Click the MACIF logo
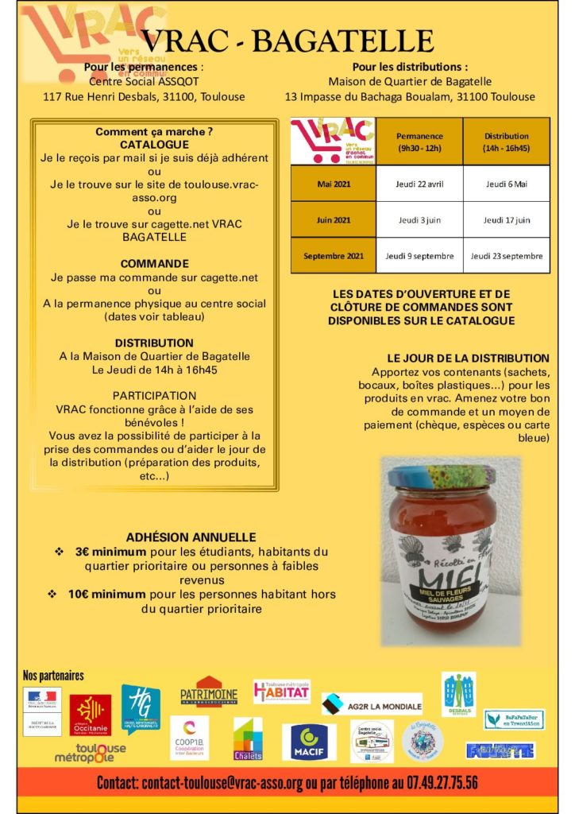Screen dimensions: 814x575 pyautogui.click(x=309, y=741)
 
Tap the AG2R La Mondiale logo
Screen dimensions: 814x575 pyautogui.click(x=372, y=704)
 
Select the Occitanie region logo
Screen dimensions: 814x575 pyautogui.click(x=90, y=714)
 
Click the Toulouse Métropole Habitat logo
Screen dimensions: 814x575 pyautogui.click(x=281, y=691)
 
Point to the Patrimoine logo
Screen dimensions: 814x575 pyautogui.click(x=209, y=692)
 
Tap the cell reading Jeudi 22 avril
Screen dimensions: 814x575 pyautogui.click(x=419, y=184)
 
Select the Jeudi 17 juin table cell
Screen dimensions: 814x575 pyautogui.click(x=506, y=219)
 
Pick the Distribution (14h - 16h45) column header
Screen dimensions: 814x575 pyautogui.click(x=506, y=141)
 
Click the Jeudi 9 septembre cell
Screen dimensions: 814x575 pyautogui.click(x=419, y=255)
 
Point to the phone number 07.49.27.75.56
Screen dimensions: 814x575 pyautogui.click(x=433, y=782)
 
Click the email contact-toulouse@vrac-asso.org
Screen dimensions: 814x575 pyautogui.click(x=222, y=782)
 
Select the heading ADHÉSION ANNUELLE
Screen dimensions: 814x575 pyautogui.click(x=191, y=537)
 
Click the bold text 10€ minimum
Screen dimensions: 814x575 pyautogui.click(x=106, y=594)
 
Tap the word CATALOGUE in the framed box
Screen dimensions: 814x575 pyautogui.click(x=154, y=145)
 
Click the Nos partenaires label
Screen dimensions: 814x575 pyautogui.click(x=53, y=675)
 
